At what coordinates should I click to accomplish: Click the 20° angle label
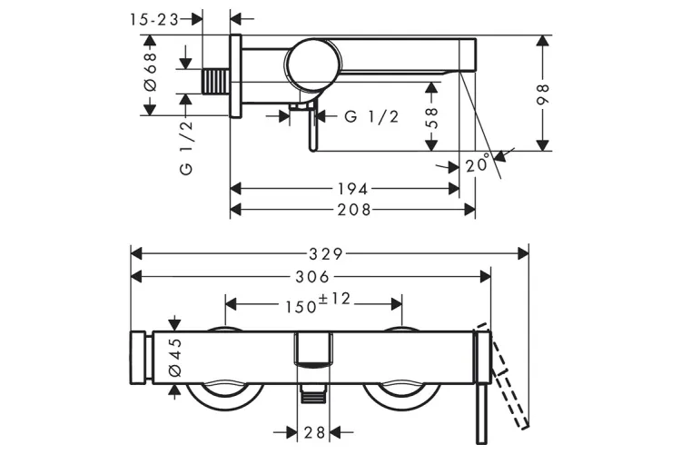click(x=479, y=165)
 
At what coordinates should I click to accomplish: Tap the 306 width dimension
click(x=311, y=276)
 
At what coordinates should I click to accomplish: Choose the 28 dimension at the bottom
click(x=313, y=433)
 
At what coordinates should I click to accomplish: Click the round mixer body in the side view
click(x=313, y=64)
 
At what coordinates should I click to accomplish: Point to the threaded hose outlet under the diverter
click(x=313, y=393)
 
